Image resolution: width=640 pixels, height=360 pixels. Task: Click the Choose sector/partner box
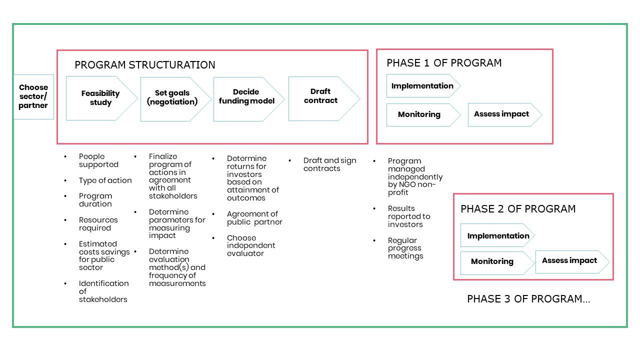(33, 97)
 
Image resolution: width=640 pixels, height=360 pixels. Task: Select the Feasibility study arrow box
(100, 98)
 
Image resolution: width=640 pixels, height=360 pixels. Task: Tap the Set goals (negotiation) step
(172, 98)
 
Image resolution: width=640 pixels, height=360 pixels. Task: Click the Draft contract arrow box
(320, 96)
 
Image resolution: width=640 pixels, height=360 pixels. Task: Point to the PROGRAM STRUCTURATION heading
(145, 65)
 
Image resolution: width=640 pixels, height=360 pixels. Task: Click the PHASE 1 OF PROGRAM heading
(444, 63)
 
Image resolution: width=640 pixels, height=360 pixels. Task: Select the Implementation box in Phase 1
(422, 86)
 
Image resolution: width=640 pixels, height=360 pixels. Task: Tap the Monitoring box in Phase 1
(419, 114)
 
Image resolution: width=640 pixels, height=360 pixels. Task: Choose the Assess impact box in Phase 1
(501, 114)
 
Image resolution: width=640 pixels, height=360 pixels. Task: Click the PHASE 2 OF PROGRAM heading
(518, 209)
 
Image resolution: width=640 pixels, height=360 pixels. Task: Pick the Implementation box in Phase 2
(498, 236)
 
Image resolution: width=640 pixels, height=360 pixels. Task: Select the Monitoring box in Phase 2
(492, 261)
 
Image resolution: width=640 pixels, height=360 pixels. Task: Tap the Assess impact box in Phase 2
(569, 261)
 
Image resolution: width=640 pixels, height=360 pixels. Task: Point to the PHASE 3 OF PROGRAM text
(528, 299)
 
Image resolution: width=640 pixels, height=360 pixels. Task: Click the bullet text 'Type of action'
(105, 180)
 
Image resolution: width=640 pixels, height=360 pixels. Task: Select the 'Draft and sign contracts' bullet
(330, 164)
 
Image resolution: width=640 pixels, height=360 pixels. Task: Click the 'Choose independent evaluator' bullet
(251, 245)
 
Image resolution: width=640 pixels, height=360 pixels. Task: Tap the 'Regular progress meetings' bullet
(405, 248)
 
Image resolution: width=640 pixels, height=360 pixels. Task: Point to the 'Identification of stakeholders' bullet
(103, 291)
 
